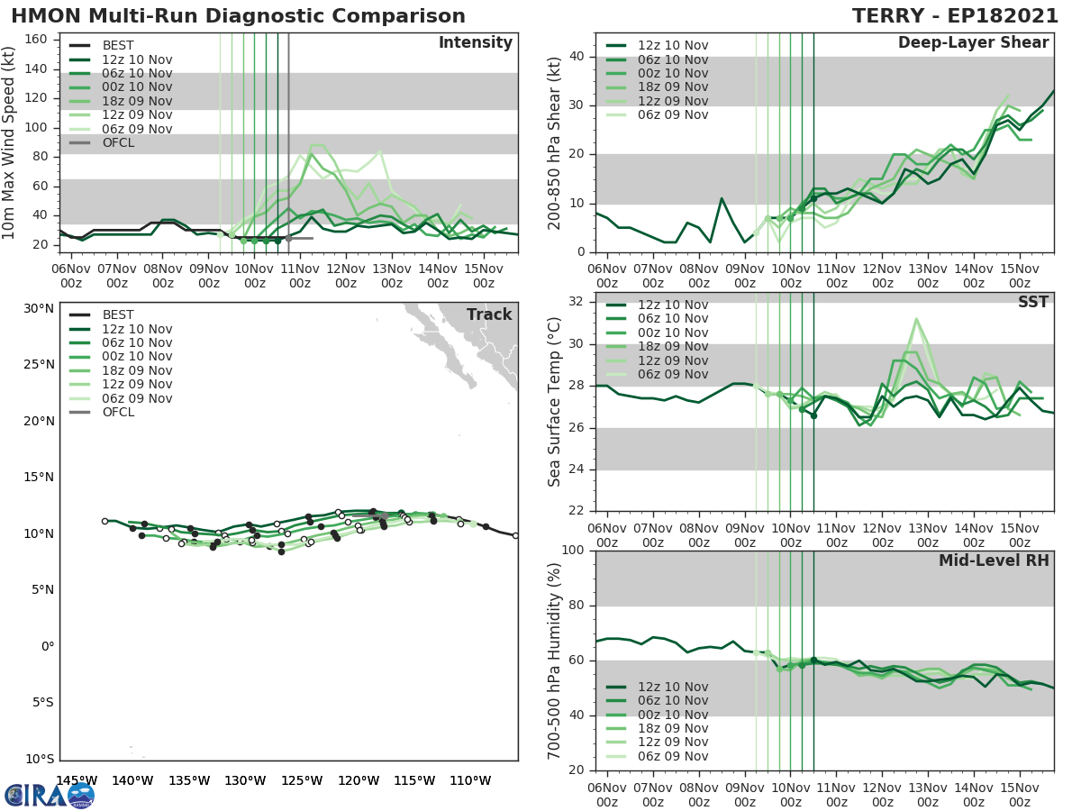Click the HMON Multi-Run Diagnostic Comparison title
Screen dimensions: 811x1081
tap(238, 16)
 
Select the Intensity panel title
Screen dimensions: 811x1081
tap(475, 43)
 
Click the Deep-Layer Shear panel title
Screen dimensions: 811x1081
tap(973, 43)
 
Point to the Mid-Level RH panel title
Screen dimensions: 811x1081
tap(994, 560)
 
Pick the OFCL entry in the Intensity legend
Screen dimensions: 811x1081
tap(118, 142)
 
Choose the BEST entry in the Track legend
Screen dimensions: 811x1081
tap(118, 314)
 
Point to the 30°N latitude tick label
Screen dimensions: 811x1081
tap(39, 308)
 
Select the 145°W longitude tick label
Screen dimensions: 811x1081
tap(77, 780)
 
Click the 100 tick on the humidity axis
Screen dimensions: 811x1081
tap(574, 551)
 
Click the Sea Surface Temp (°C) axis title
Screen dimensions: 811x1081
tap(554, 402)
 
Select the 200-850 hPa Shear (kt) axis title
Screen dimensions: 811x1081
tap(554, 142)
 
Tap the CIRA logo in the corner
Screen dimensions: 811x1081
tap(49, 794)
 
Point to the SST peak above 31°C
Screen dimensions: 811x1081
tap(916, 318)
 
